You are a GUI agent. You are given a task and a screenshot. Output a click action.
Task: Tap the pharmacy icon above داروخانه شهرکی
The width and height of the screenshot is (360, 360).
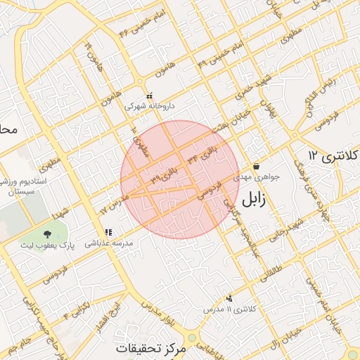tap(148, 96)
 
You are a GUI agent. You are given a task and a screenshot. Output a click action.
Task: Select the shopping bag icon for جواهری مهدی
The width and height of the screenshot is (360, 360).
tap(255, 167)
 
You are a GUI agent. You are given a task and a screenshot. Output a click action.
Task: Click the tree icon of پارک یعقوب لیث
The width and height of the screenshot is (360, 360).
tap(48, 233)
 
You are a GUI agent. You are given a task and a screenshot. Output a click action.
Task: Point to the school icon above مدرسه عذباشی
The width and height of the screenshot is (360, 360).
tap(108, 231)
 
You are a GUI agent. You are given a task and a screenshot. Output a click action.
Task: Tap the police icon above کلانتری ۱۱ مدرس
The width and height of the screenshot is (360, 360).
tap(230, 299)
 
